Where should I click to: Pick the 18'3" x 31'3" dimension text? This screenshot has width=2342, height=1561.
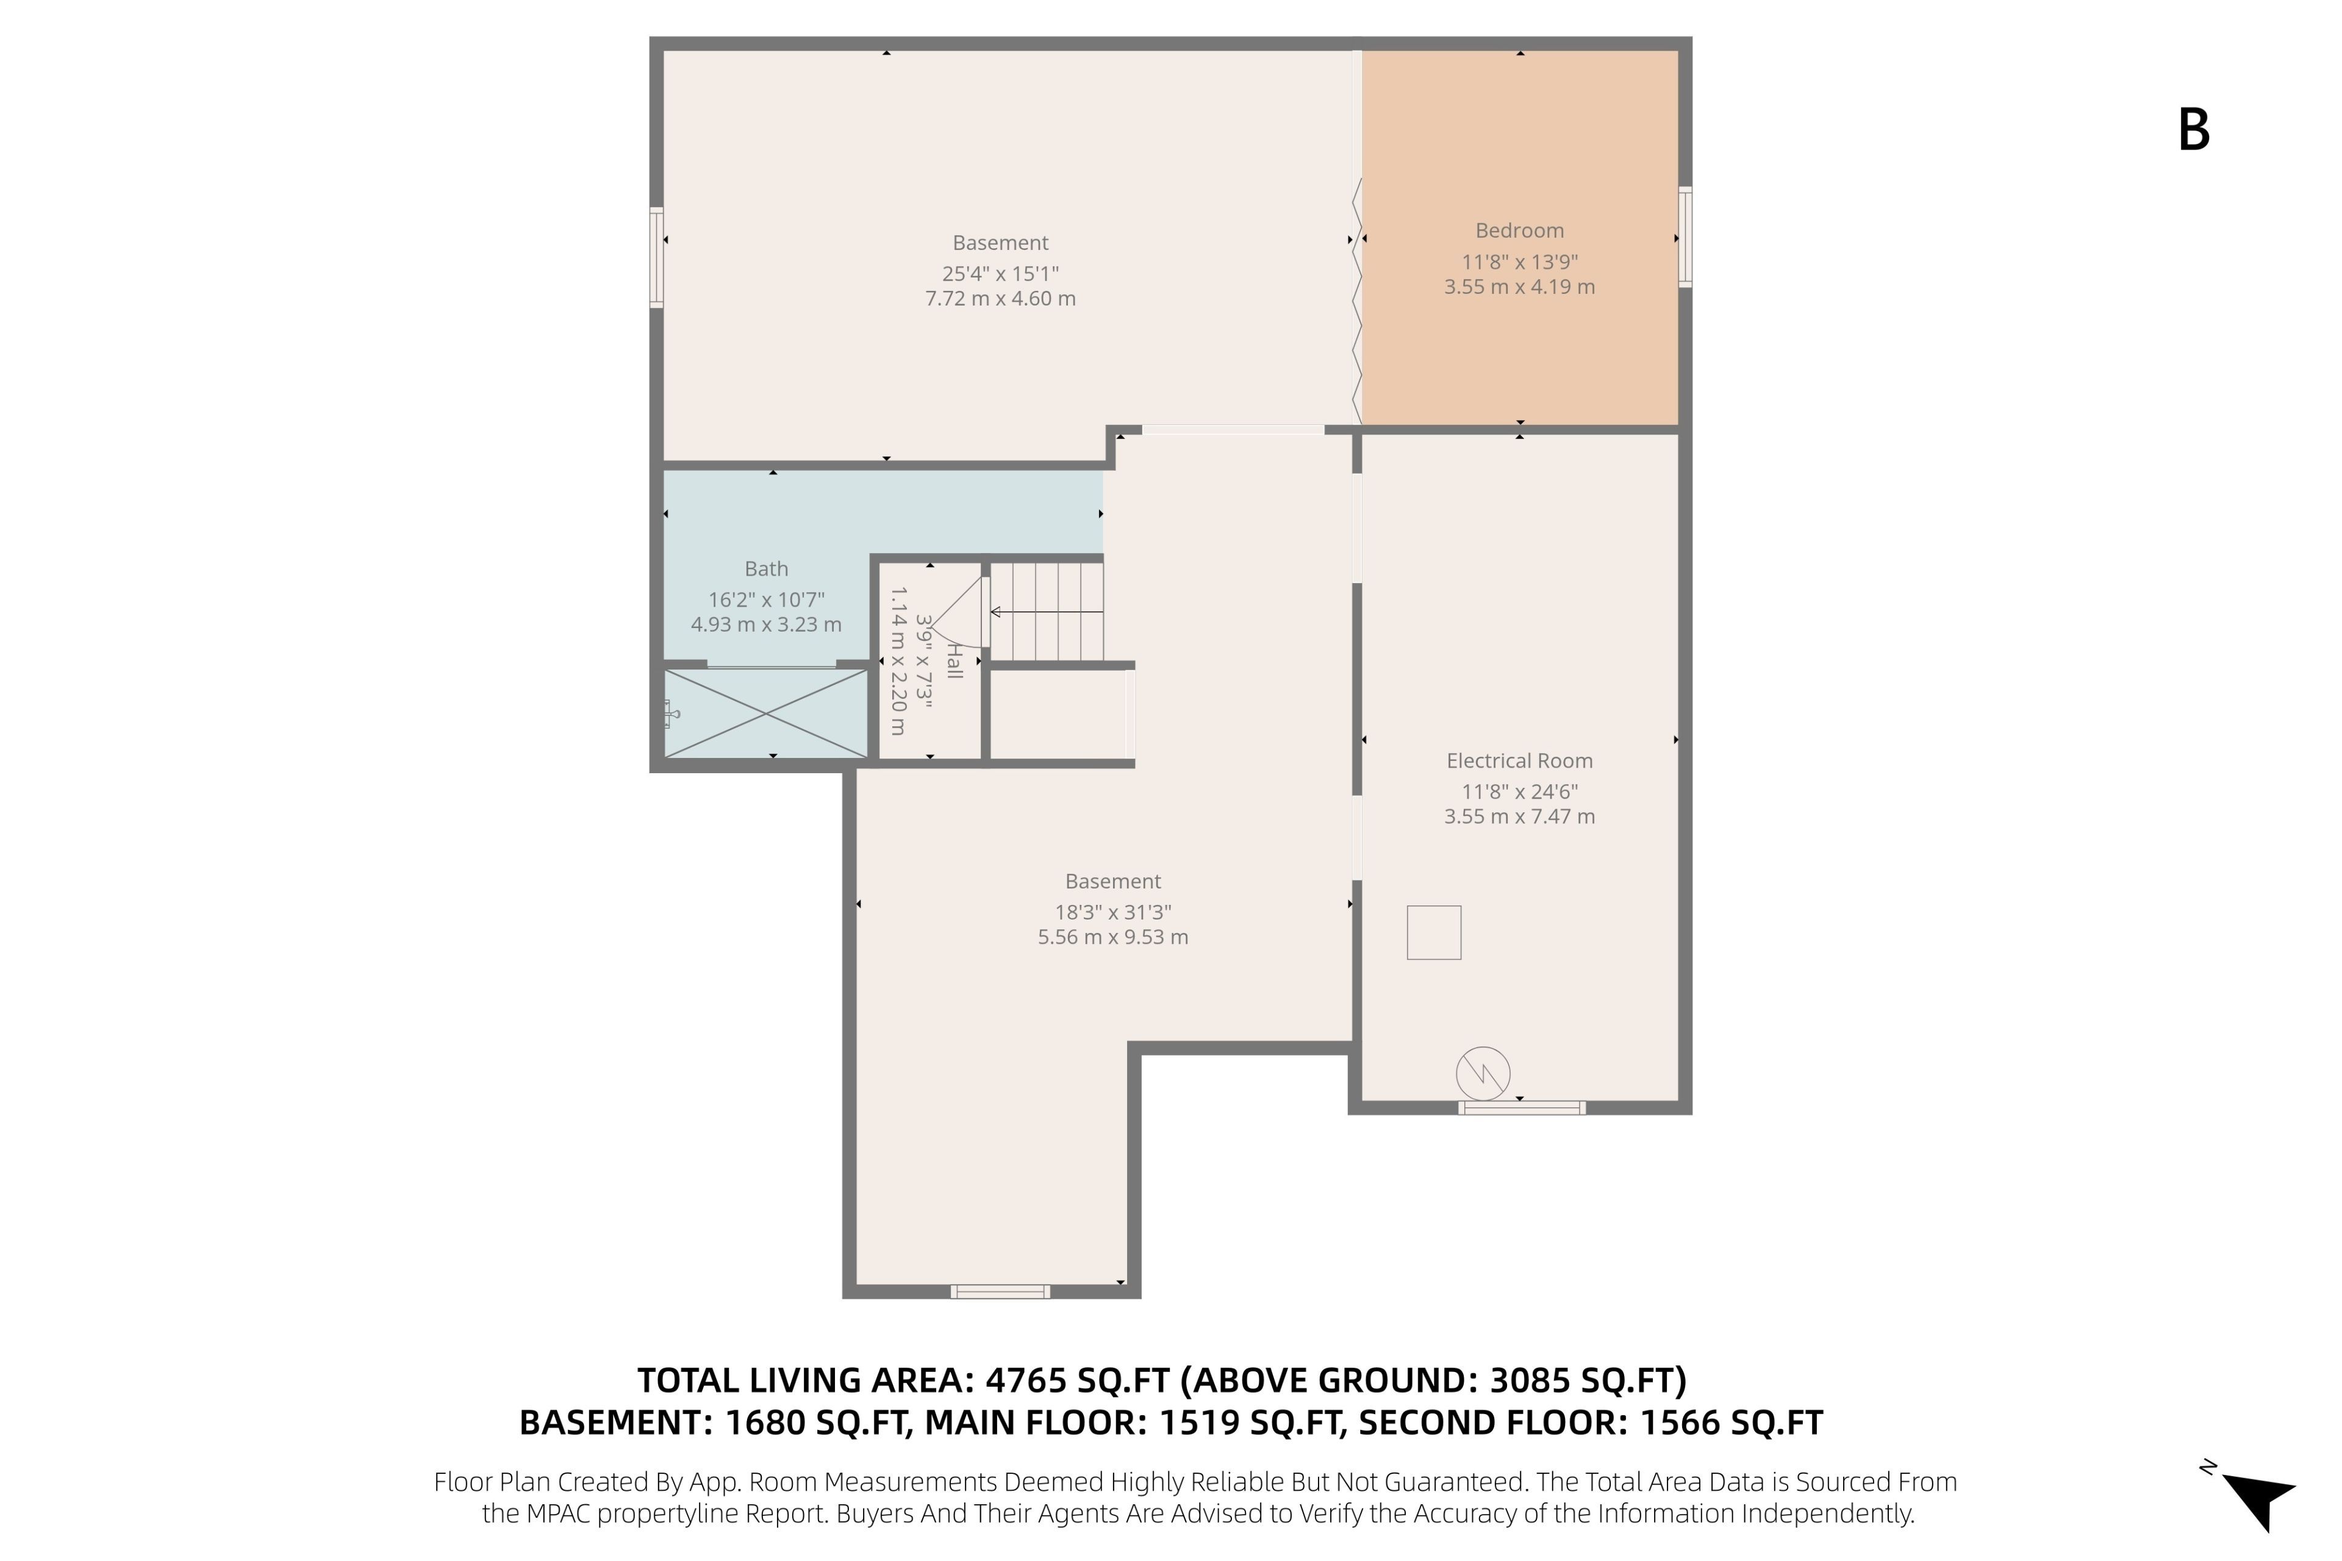1113,912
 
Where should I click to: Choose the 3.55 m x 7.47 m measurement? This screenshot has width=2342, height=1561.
1519,817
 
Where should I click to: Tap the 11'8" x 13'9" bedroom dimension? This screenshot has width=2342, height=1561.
1519,262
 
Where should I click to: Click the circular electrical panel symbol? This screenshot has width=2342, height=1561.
1483,1073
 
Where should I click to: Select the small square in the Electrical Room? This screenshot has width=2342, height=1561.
1434,933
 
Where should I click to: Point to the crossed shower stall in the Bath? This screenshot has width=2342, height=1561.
766,713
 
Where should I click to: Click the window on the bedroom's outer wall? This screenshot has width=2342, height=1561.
1685,237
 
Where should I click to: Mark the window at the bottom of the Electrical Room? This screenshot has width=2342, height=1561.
1522,1107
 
